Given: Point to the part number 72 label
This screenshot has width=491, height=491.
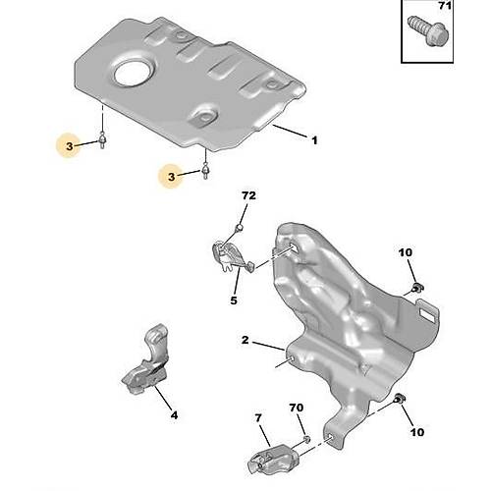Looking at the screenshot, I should [248, 197].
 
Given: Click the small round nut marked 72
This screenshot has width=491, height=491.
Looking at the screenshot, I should [238, 228].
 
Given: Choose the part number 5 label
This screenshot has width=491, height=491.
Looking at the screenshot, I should [234, 301].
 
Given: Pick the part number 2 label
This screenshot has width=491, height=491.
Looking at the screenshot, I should [245, 343].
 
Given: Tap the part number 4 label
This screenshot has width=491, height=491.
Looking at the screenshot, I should [174, 414].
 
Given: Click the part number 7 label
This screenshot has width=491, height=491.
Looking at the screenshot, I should [260, 418].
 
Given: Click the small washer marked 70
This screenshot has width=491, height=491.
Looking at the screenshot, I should [305, 439].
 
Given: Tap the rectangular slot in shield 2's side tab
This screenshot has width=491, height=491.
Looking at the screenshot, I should [428, 316].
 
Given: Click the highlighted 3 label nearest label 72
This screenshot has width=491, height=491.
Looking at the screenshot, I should [173, 176].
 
